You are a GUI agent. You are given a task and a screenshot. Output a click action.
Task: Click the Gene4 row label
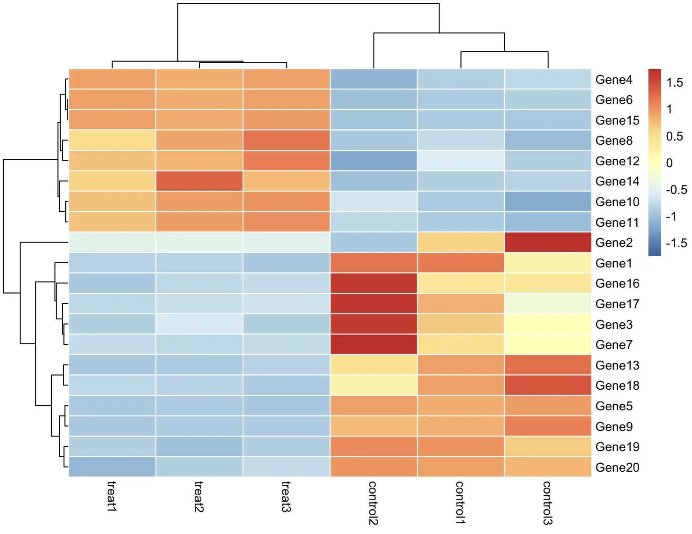tap(613, 80)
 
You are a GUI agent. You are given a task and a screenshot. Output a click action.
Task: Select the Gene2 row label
tap(613, 243)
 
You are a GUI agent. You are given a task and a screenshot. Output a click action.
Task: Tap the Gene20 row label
tap(617, 467)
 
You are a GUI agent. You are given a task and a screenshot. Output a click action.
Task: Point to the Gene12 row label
tap(617, 161)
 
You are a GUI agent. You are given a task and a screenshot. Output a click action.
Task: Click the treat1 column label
tap(112, 496)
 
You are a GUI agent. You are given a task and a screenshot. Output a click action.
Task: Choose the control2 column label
tap(373, 503)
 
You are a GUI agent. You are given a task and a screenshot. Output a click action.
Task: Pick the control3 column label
tap(547, 503)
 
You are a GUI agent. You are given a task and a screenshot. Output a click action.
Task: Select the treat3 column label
tap(286, 496)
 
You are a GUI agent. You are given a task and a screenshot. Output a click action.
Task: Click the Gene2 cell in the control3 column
tap(548, 243)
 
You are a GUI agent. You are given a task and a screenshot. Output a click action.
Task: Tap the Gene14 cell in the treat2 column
tap(199, 181)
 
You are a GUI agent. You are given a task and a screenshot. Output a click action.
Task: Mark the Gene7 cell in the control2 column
tap(373, 345)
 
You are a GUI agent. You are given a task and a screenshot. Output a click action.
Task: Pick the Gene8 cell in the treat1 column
tap(112, 141)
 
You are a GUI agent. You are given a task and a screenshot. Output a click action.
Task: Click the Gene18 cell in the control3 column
tap(548, 386)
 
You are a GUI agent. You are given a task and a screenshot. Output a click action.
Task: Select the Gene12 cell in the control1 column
tap(461, 161)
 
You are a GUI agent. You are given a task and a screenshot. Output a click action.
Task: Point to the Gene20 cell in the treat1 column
tap(112, 467)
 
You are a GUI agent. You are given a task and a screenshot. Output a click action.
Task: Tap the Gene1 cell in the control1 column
tap(461, 263)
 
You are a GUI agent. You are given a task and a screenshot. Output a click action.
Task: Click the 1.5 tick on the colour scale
tap(674, 83)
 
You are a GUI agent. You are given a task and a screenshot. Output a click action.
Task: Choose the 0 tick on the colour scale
tap(669, 163)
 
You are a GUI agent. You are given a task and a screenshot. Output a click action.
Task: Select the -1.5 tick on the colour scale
tap(676, 243)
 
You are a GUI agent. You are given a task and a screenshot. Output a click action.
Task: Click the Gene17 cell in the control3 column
tap(548, 304)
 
